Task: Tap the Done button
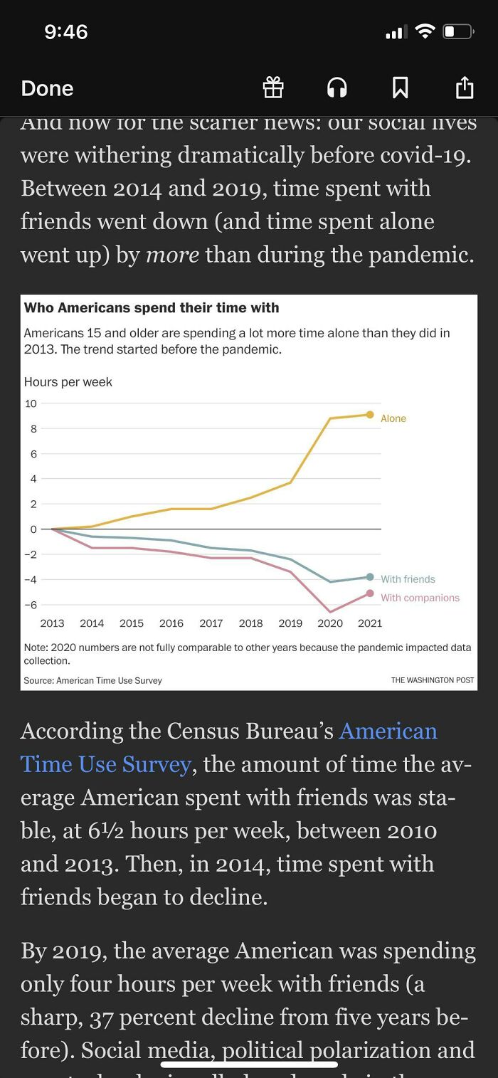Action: point(47,88)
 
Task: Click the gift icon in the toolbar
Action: point(273,88)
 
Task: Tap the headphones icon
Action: point(337,88)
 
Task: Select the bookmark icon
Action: point(400,88)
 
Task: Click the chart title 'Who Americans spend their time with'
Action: point(152,308)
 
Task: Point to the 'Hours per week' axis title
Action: point(68,382)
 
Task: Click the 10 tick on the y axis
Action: point(31,403)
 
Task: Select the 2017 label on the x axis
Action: point(211,623)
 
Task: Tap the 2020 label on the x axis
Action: point(330,623)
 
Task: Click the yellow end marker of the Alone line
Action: point(370,415)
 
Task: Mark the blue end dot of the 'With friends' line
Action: point(370,577)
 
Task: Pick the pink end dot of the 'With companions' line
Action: point(370,593)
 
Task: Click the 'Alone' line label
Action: point(393,418)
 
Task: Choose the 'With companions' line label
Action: point(420,598)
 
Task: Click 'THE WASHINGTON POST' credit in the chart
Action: point(433,680)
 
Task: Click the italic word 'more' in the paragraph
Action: point(172,254)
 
